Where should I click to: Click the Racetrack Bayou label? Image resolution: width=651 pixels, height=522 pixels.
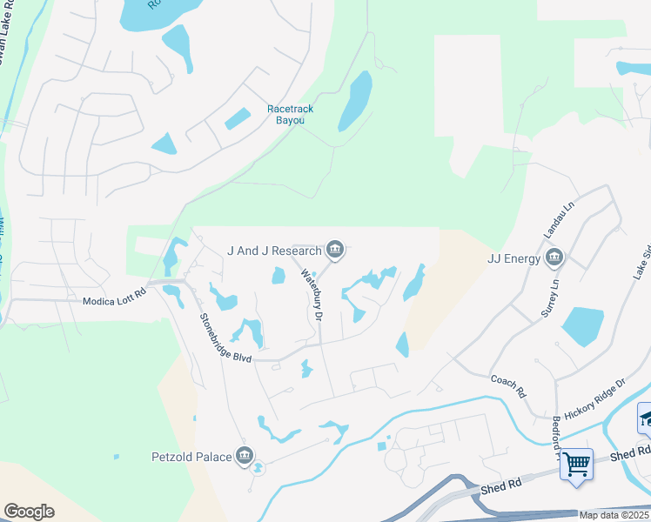tap(290, 114)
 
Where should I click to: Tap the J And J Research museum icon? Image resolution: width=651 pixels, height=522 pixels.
tap(334, 251)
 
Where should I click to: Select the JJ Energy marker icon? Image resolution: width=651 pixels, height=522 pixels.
tap(554, 258)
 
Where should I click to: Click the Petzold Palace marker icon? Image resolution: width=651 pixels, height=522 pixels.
tap(245, 456)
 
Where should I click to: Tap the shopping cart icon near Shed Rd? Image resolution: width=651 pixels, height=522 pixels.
tap(576, 463)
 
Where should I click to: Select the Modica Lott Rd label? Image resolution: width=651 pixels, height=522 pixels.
tap(115, 301)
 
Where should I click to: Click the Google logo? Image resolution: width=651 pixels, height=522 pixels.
tap(29, 512)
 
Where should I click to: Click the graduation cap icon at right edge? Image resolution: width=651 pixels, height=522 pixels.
tap(645, 419)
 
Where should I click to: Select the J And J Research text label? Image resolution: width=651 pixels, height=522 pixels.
tap(273, 251)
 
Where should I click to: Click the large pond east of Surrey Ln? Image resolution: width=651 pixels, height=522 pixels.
tap(583, 326)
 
